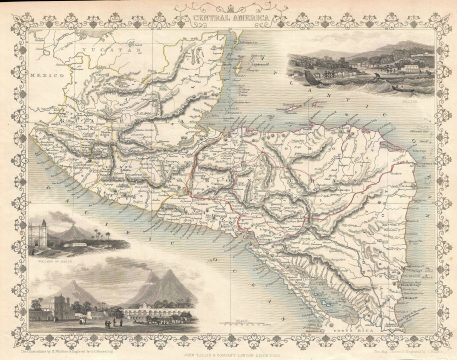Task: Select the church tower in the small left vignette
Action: (46, 233)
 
